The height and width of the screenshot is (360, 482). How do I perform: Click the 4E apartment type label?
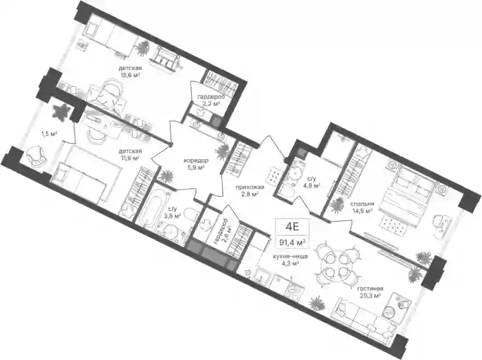[x=292, y=227]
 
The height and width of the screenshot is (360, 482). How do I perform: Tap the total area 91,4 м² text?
[x=292, y=242]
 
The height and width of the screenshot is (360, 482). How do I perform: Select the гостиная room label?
[x=370, y=289]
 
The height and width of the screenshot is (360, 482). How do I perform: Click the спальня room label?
[x=362, y=204]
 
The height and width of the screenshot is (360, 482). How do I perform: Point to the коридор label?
[x=196, y=160]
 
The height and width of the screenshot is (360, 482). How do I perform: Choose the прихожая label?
[x=250, y=187]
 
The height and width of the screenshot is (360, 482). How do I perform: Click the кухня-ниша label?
[x=290, y=256]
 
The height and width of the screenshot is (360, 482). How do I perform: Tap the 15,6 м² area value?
[x=130, y=75]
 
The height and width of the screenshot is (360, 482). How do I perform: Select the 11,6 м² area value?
[x=130, y=158]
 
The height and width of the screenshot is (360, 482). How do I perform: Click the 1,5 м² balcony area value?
[x=49, y=133]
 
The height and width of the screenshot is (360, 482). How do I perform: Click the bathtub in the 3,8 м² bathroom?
[x=151, y=207]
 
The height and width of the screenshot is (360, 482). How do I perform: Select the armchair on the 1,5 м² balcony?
[x=37, y=156]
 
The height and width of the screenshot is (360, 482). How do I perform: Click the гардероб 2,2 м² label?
[x=210, y=100]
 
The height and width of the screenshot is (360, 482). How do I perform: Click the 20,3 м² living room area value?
[x=370, y=295]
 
